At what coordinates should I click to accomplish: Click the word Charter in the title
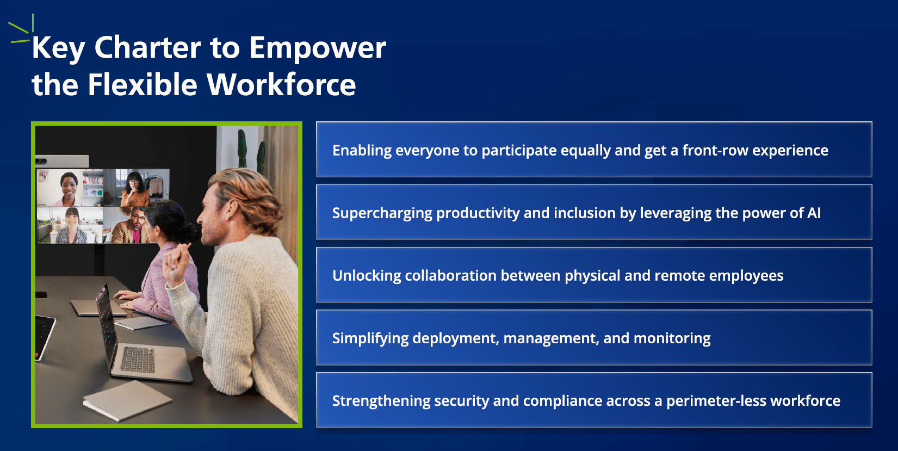(147, 48)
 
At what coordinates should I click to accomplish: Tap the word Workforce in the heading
(281, 85)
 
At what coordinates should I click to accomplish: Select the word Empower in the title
(317, 48)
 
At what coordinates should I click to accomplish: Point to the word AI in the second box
(814, 213)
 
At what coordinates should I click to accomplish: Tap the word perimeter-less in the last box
(716, 401)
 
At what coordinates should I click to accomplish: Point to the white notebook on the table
(127, 400)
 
